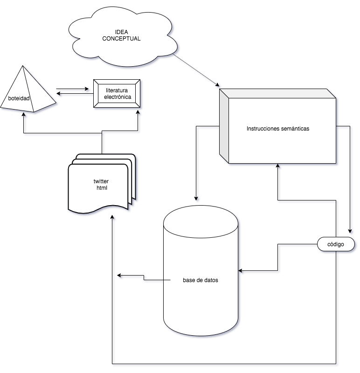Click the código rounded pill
[x=336, y=244]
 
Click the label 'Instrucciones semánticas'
[x=278, y=128]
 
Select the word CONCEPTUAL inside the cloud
[x=121, y=38]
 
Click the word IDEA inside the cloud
[x=121, y=32]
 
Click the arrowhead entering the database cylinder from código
[x=241, y=270]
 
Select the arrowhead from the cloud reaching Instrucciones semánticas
[x=217, y=84]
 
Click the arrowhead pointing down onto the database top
[x=197, y=197]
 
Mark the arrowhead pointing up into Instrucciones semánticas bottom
[x=278, y=166]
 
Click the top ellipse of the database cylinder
[x=201, y=221]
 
